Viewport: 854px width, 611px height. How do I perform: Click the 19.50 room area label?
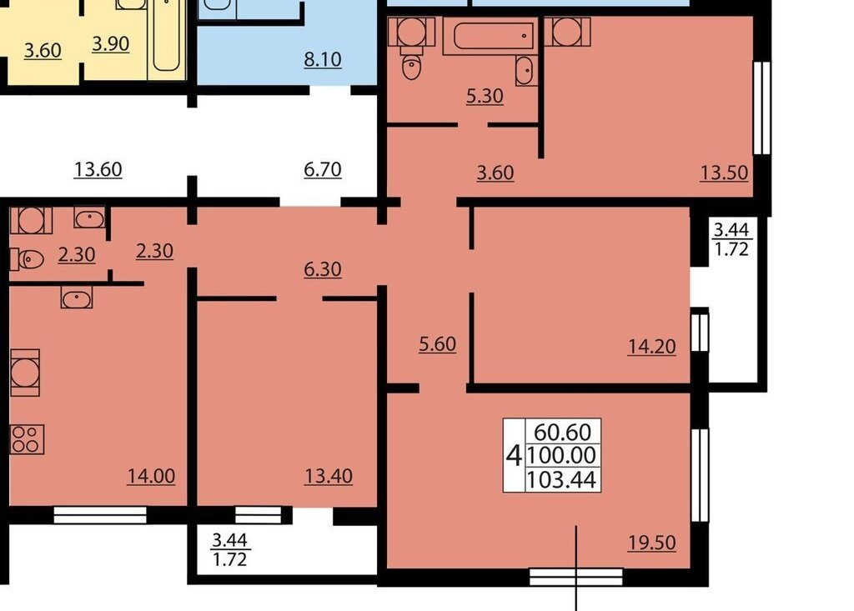[x=652, y=543]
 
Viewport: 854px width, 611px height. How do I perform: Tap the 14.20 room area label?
[x=652, y=346]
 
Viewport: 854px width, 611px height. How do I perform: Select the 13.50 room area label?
[x=724, y=173]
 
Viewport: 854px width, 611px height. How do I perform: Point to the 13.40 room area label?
[x=329, y=476]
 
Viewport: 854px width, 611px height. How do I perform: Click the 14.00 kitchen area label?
[x=152, y=476]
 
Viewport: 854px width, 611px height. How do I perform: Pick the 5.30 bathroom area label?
[x=485, y=96]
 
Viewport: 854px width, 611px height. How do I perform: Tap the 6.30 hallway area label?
[x=323, y=269]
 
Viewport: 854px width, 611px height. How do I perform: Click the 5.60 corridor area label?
[x=437, y=344]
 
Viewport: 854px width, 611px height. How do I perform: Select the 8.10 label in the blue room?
[x=323, y=59]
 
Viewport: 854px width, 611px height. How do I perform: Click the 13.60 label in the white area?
[x=98, y=169]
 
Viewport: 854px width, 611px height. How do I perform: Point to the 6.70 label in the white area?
[x=323, y=169]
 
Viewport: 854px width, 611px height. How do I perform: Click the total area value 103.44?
[x=562, y=480]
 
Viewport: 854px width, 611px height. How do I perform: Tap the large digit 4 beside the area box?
[x=514, y=455]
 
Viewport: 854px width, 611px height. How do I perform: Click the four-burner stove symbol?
[x=27, y=439]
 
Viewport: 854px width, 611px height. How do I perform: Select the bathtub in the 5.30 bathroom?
[x=489, y=36]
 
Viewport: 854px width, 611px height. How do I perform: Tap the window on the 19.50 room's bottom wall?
[x=575, y=577]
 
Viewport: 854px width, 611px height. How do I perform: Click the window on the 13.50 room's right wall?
[x=761, y=108]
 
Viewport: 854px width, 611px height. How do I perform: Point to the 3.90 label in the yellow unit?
[x=111, y=43]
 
